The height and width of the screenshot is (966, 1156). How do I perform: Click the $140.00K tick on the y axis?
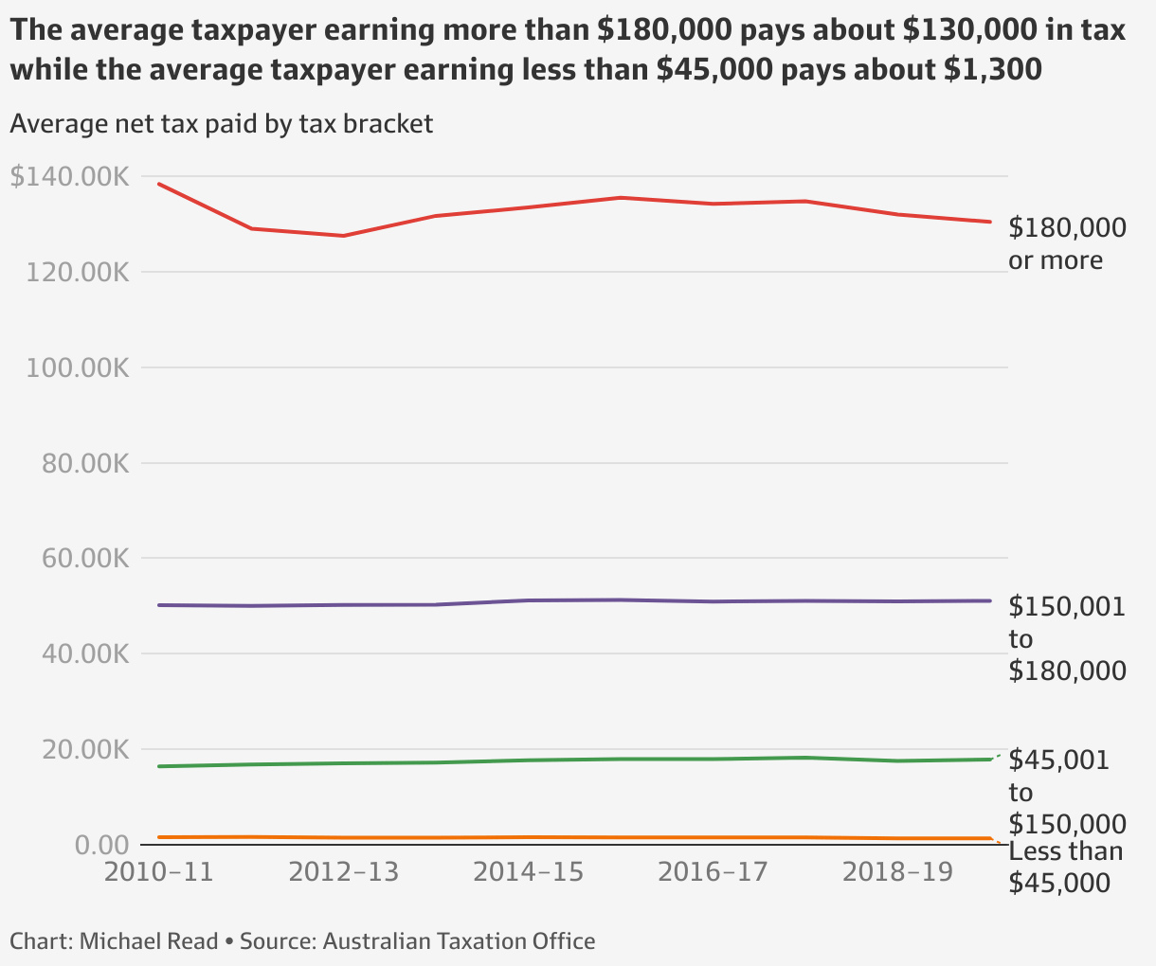click(x=69, y=177)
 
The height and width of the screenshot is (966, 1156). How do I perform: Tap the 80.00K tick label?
click(x=84, y=464)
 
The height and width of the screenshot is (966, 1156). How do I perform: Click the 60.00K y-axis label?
click(x=84, y=559)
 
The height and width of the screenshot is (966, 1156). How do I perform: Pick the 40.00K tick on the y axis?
click(x=84, y=654)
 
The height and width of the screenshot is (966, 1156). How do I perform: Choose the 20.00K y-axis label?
click(x=84, y=750)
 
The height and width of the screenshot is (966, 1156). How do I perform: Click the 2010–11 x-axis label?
click(x=159, y=871)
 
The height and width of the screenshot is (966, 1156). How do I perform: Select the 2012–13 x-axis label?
click(x=344, y=871)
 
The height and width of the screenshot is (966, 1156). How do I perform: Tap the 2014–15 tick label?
click(x=528, y=871)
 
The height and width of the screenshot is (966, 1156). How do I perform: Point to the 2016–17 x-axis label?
click(x=713, y=871)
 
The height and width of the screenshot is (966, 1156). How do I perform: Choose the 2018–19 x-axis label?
click(x=897, y=871)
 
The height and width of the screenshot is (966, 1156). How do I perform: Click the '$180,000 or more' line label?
click(x=1067, y=243)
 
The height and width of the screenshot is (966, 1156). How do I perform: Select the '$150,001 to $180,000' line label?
click(x=1067, y=638)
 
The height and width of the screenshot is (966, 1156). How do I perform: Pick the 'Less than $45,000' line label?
click(x=1065, y=867)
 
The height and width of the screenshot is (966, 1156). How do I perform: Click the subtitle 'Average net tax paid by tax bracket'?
click(x=221, y=124)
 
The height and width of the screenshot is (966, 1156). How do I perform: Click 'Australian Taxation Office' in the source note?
click(x=459, y=941)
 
